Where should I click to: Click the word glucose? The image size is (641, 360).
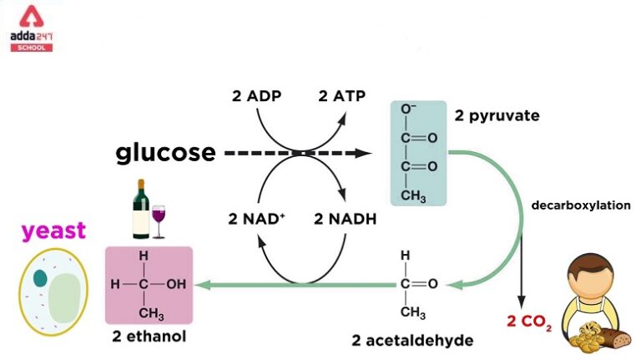click(165, 153)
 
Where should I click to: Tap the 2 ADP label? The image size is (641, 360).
click(256, 95)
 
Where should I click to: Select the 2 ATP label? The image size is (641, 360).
click(342, 95)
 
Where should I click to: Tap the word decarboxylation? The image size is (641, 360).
click(581, 205)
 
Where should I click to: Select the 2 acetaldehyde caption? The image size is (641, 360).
click(410, 340)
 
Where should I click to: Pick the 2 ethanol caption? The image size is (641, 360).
click(149, 337)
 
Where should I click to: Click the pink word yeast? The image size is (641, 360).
click(54, 230)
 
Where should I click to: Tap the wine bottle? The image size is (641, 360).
click(141, 210)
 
